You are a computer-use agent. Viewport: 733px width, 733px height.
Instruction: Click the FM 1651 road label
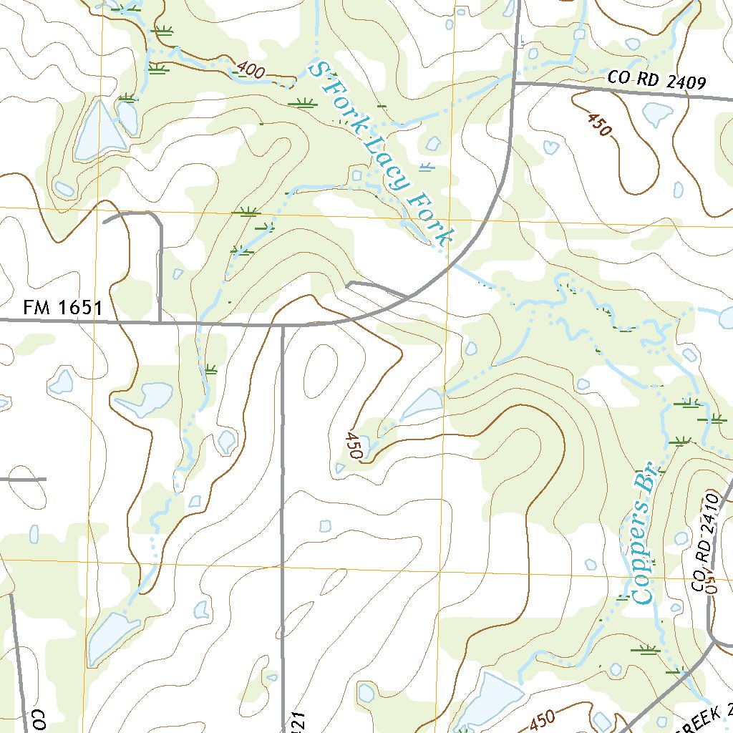click(x=63, y=309)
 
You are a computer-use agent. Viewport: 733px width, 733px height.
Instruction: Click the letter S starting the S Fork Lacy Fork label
click(x=315, y=69)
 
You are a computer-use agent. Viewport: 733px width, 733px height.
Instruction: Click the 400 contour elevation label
click(x=249, y=71)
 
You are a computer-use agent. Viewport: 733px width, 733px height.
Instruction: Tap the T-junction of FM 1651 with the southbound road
click(x=283, y=325)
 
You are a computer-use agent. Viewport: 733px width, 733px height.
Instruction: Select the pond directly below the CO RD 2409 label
click(x=656, y=113)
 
